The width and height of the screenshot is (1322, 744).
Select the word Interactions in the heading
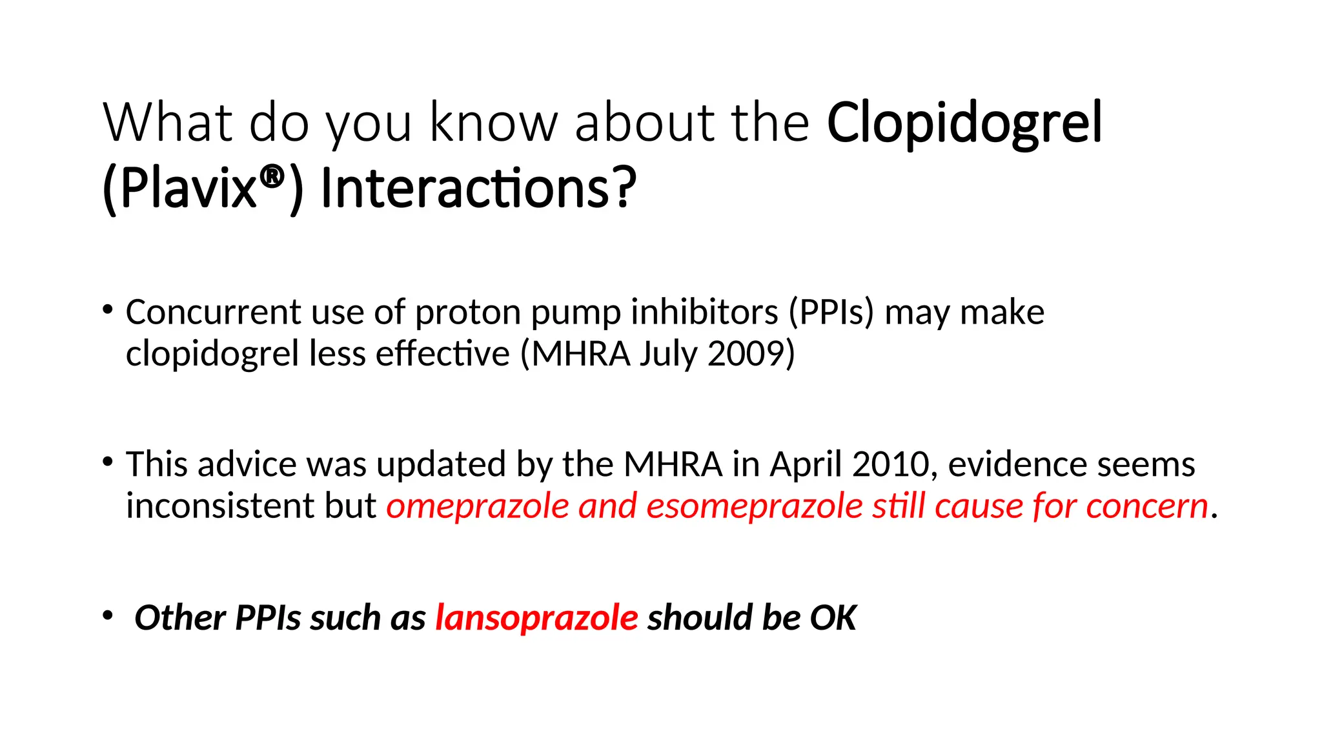465,189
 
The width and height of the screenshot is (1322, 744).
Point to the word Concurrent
213,313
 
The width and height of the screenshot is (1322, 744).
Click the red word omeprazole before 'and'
478,507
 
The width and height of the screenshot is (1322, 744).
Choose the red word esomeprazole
754,507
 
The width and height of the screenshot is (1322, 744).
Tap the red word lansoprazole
536,618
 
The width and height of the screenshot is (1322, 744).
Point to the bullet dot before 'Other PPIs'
108,615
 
